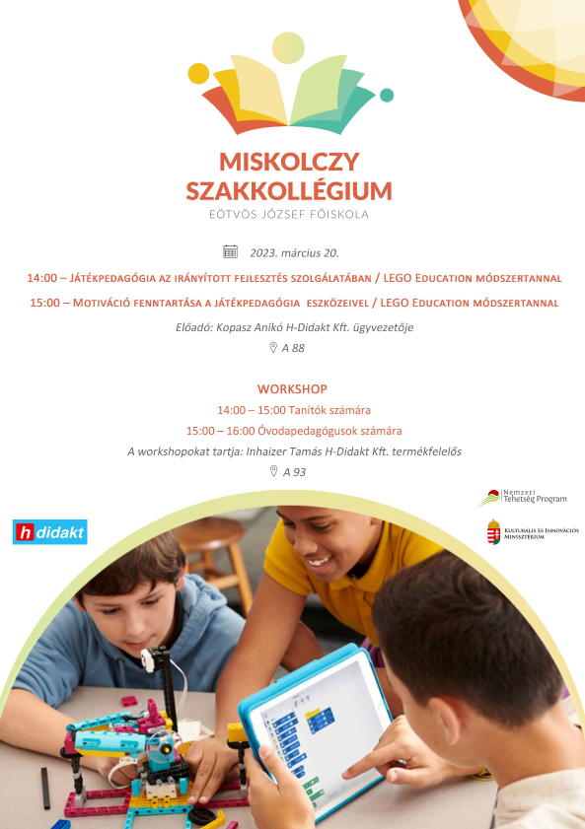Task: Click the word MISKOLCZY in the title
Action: coord(289,163)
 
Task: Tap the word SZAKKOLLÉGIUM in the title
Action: coord(289,190)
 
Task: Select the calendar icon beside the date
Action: coord(231,251)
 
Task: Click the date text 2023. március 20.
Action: coord(294,252)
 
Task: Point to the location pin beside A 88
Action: coord(273,348)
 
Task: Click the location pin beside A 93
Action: coord(273,471)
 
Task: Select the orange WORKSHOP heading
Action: coord(292,389)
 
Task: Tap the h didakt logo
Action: coord(50,532)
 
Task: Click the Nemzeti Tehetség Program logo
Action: coord(523,498)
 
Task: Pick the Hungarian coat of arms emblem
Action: coord(492,532)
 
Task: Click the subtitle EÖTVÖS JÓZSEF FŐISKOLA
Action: coord(289,213)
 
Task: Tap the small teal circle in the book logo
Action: coord(387,95)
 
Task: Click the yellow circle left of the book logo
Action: coord(198,74)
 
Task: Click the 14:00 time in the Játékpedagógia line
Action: coord(42,278)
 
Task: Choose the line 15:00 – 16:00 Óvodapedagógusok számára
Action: coord(293,431)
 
